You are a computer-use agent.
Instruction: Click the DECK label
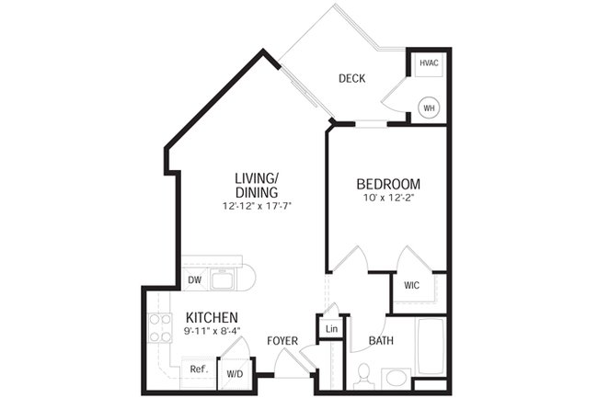[351, 79]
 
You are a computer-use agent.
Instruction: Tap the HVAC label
[429, 63]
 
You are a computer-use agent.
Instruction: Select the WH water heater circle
[429, 108]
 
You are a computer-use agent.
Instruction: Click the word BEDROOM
[388, 185]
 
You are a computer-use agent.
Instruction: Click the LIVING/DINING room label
[257, 186]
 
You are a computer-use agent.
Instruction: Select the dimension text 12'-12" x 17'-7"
[257, 206]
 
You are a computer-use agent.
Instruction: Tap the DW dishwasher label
[194, 280]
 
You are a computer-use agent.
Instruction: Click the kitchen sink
[223, 279]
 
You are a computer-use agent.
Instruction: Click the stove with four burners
[159, 328]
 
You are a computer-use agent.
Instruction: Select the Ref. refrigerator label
[197, 370]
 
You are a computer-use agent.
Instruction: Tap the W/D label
[235, 373]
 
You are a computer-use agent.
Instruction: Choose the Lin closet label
[330, 328]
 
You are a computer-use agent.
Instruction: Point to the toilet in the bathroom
[362, 375]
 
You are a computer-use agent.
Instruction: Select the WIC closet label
[411, 285]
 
